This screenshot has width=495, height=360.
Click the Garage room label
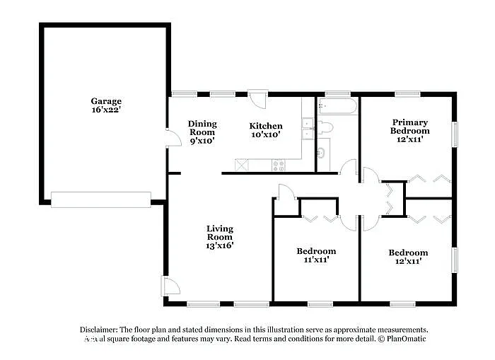point(106,101)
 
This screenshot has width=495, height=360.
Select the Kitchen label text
point(266,127)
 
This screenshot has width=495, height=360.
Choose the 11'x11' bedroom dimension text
point(316,260)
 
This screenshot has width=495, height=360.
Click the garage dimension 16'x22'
point(106,110)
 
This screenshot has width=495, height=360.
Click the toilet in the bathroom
point(325,128)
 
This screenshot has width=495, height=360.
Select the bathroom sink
point(322,151)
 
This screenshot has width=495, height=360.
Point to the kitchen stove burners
point(279,166)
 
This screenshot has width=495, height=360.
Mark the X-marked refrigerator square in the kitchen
point(242,166)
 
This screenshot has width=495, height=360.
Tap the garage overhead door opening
point(100,199)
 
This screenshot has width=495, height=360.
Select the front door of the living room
point(171,286)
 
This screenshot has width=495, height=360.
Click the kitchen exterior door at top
point(257,98)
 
